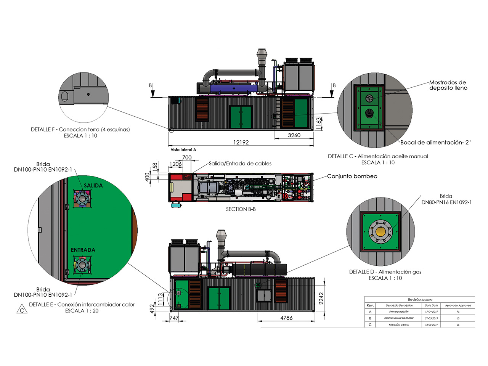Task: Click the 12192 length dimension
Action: pos(241,143)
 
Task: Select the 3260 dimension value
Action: pos(294,135)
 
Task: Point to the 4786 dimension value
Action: pos(286,318)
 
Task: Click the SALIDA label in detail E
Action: pos(93,186)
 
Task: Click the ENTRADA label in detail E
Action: pos(83,250)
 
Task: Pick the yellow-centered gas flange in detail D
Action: pos(380,231)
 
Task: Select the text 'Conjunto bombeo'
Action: pos(352,176)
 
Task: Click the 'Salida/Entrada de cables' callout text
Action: pos(240,164)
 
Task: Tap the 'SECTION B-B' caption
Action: pos(241,209)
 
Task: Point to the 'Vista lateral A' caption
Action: pos(183,150)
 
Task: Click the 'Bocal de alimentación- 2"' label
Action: pos(435,143)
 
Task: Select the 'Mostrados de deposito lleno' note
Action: pos(448,85)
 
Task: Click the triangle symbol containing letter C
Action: pos(22,310)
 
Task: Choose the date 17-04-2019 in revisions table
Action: pos(432,312)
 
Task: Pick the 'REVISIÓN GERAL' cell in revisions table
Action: pos(399,325)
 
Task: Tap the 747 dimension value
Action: pos(174,318)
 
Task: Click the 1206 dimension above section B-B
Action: pos(175,164)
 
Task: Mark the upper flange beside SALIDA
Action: pos(81,199)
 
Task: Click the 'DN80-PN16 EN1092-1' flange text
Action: pos(446,202)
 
